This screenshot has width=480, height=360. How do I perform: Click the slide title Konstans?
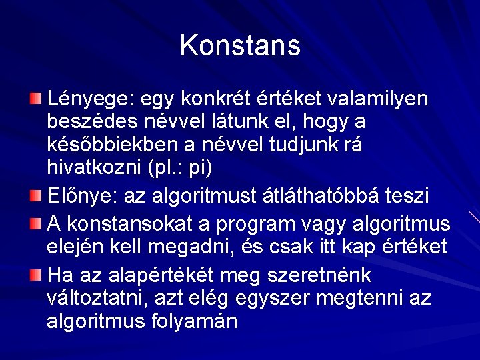pyautogui.click(x=240, y=46)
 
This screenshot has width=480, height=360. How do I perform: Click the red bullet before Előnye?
pyautogui.click(x=35, y=195)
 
